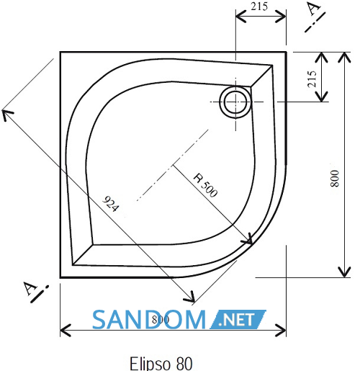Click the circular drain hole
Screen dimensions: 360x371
pos(235,102)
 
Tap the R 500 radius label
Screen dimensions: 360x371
pos(206,185)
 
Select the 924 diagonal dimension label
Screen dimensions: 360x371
pos(110,204)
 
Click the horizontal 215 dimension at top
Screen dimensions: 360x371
pos(259,6)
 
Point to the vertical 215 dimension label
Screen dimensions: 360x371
pos(312,79)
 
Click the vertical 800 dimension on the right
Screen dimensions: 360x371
pos(335,179)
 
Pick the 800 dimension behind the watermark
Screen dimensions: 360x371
pos(161,319)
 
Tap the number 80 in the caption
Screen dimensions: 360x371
pos(184,363)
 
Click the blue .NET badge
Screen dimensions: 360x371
pos(238,319)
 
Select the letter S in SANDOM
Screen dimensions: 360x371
pos(99,320)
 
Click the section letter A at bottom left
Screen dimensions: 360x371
pos(30,288)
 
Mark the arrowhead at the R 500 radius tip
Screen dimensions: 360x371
pos(250,241)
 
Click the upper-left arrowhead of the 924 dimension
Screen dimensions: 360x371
pos(6,114)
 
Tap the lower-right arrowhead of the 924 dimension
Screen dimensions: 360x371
pos(191,298)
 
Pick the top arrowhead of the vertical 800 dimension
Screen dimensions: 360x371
pos(344,57)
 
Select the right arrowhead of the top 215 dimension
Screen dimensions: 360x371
pos(281,17)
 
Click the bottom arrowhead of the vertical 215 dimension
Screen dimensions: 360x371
pos(321,97)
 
